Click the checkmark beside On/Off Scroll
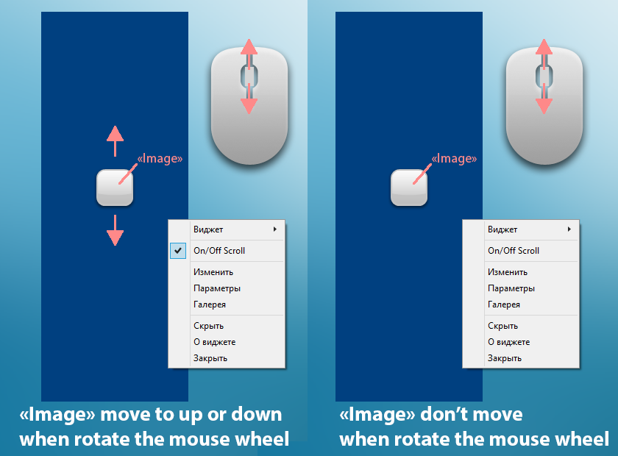(x=178, y=250)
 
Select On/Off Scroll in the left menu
(x=219, y=251)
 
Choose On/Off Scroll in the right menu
(x=514, y=251)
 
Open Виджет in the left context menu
(x=208, y=229)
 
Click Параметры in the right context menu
(x=511, y=288)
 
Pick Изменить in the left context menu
(x=213, y=272)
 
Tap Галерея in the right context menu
(x=504, y=304)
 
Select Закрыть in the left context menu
(x=210, y=358)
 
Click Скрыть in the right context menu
(x=502, y=326)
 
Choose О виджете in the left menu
(x=214, y=342)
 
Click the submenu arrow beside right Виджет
(x=569, y=229)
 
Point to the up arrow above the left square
(x=115, y=141)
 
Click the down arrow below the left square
(x=115, y=230)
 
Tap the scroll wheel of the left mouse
(x=249, y=76)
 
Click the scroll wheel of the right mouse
(x=544, y=76)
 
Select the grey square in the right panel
(x=409, y=188)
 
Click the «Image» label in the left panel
(x=160, y=158)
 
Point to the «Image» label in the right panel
(x=454, y=158)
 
